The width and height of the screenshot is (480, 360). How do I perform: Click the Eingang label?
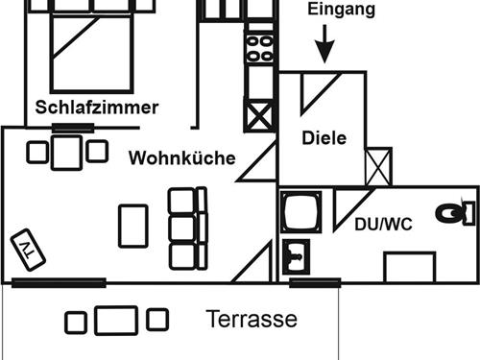341,11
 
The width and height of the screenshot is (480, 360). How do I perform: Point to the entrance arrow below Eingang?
324,43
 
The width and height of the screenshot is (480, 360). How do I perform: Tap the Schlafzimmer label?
96,108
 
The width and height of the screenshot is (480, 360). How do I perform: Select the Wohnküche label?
181,158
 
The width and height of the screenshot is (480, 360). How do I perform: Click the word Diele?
324,138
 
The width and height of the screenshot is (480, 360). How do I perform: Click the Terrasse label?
252,320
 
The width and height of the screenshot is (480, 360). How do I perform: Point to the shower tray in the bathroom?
304,212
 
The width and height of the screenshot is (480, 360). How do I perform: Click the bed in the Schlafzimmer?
91,48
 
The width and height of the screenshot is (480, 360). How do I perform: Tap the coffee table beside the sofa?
133,227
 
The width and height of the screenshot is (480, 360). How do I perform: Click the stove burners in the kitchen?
259,49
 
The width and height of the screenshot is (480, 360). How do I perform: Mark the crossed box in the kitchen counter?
259,116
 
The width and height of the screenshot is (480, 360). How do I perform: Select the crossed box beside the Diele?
379,165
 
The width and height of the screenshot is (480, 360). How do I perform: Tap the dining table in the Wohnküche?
66,152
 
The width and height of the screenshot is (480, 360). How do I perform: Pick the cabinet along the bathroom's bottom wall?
410,267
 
